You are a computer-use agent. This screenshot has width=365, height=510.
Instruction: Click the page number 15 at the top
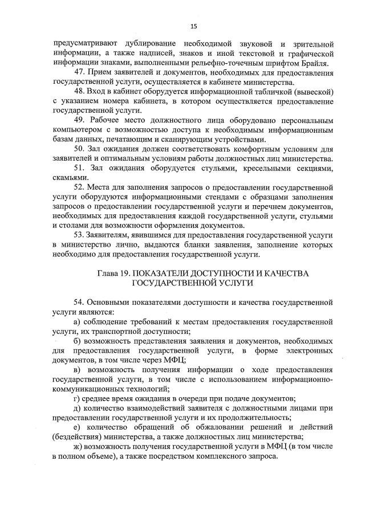coord(193,26)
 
